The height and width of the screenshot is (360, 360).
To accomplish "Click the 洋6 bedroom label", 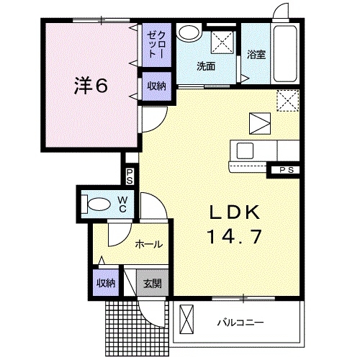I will coord(90,86).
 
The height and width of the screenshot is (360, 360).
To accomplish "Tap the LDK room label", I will coord(234,212).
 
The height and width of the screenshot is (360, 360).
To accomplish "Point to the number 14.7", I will coord(234,235).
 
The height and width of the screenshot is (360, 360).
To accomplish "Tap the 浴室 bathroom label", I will coord(256,54).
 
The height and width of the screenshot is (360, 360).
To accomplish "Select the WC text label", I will coord(122,203).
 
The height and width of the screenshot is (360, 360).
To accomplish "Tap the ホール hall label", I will coord(148,244).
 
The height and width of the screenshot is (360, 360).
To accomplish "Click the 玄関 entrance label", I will coord(153,282).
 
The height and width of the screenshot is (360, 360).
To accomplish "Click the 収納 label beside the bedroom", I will coord(156,86).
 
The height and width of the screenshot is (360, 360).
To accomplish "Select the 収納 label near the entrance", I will coord(105,283).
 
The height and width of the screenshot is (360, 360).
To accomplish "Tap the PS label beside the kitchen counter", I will coord(287,170).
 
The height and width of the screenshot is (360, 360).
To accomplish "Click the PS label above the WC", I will coord(130,176).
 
